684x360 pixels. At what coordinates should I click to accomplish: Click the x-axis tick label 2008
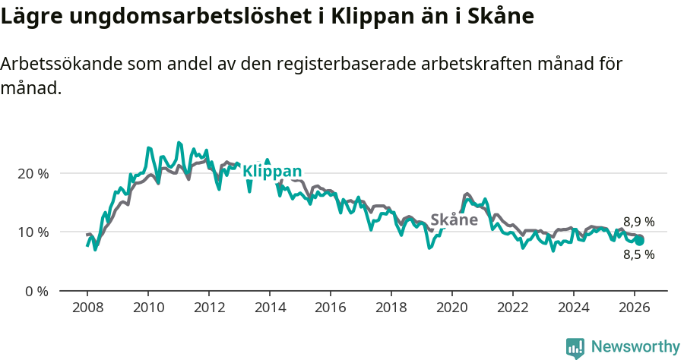pyautogui.click(x=87, y=308)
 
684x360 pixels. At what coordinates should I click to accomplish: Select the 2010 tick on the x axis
pyautogui.click(x=148, y=308)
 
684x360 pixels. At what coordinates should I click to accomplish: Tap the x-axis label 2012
pyautogui.click(x=209, y=308)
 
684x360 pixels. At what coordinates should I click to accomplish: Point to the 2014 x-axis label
pyautogui.click(x=270, y=308)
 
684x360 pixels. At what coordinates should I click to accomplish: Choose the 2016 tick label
pyautogui.click(x=331, y=308)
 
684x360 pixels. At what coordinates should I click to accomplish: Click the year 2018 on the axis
pyautogui.click(x=391, y=308)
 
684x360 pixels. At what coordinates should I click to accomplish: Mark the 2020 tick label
pyautogui.click(x=452, y=308)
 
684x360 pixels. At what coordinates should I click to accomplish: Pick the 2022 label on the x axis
pyautogui.click(x=513, y=308)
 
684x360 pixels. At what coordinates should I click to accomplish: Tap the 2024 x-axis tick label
pyautogui.click(x=574, y=308)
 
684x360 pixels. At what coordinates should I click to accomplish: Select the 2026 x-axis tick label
pyautogui.click(x=635, y=308)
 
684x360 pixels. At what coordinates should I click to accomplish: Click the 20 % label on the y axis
pyautogui.click(x=33, y=173)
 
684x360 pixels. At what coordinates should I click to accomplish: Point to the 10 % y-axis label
pyautogui.click(x=33, y=232)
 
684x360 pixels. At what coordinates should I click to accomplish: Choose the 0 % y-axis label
pyautogui.click(x=36, y=291)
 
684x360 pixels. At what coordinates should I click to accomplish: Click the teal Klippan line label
pyautogui.click(x=272, y=172)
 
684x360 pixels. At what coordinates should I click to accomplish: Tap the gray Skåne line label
pyautogui.click(x=454, y=220)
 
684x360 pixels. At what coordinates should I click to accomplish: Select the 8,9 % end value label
pyautogui.click(x=638, y=222)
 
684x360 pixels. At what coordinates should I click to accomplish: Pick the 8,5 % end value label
pyautogui.click(x=638, y=255)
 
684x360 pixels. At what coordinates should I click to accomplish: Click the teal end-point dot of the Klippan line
pyautogui.click(x=639, y=240)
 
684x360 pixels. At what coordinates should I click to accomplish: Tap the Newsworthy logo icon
pyautogui.click(x=575, y=348)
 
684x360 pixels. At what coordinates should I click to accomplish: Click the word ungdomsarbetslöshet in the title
pyautogui.click(x=186, y=16)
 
